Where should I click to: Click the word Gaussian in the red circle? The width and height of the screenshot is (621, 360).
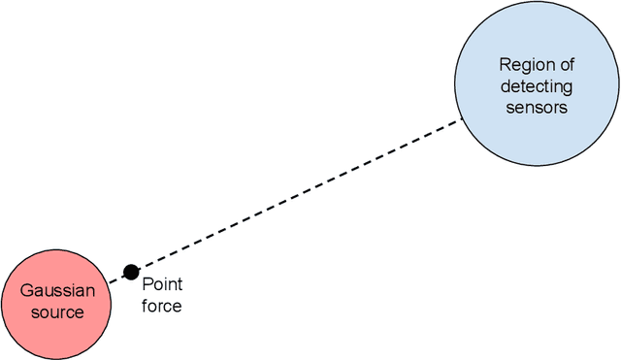[58, 291]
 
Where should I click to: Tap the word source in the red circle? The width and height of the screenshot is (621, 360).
[57, 311]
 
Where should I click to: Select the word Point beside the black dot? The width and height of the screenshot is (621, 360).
[161, 284]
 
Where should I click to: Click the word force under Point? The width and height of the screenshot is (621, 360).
[161, 306]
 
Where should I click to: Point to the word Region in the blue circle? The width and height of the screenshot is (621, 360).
[523, 65]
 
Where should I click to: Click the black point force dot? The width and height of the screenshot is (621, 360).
[130, 272]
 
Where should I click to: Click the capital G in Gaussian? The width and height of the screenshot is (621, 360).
[27, 291]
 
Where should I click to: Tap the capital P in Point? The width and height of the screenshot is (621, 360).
[147, 284]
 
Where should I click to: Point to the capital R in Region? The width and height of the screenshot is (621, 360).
[504, 65]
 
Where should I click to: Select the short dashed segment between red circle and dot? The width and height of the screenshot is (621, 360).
[116, 278]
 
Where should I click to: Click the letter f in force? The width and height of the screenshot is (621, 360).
[145, 306]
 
